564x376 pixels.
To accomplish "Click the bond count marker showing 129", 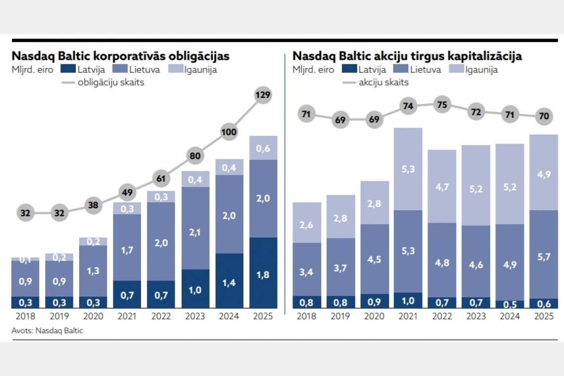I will (x=263, y=95).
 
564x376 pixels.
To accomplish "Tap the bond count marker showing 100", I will (x=229, y=132).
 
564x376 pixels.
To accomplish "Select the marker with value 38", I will (x=94, y=205).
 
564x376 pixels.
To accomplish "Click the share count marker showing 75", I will (x=441, y=104).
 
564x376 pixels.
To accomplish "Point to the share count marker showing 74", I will (x=408, y=106).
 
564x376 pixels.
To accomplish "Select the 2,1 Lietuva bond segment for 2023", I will (x=195, y=228).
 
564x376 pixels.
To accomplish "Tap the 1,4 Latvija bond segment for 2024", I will (x=229, y=281).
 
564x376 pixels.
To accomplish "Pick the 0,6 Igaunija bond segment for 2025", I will (x=263, y=147).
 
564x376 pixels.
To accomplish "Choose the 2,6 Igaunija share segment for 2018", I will (x=307, y=223).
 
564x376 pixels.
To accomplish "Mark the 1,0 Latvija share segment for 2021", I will (x=408, y=300).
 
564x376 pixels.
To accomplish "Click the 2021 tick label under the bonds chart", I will (x=127, y=317).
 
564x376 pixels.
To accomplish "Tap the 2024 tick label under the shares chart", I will (x=509, y=317).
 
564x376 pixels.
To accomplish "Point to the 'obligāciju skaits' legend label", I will (x=111, y=82).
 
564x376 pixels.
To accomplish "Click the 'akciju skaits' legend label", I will (x=383, y=82).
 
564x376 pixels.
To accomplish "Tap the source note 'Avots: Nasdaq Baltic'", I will (x=47, y=330).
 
